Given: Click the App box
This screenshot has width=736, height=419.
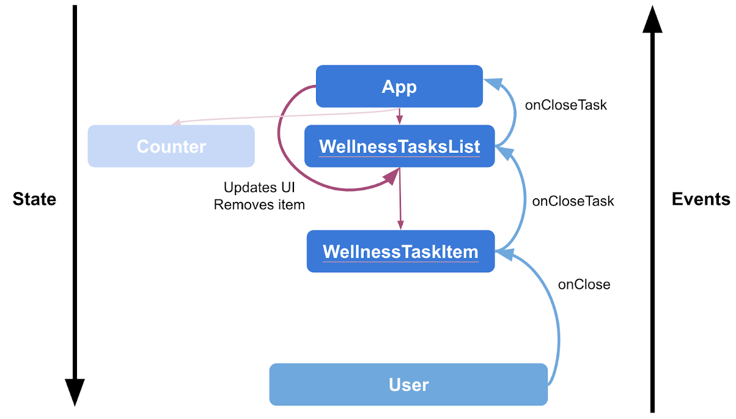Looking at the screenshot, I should point(399,86).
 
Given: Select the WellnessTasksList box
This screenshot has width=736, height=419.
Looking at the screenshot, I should point(399,147).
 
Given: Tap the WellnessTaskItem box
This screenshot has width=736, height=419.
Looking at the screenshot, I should point(400,251).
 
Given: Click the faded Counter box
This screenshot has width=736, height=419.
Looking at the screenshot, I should point(171,147).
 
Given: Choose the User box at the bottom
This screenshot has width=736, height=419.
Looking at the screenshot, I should point(408,385).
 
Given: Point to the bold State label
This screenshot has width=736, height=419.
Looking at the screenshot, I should point(34,199).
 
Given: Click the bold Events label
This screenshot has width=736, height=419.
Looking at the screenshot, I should point(701,199).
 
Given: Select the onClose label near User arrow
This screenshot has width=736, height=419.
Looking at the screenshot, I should point(584,284).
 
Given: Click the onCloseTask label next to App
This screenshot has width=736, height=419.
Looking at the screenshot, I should point(565,105).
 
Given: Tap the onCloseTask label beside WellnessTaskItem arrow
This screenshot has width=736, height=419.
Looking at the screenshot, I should point(573,201).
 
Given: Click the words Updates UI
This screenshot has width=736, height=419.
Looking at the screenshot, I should point(259,188).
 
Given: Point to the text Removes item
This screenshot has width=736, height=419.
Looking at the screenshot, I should point(259,205).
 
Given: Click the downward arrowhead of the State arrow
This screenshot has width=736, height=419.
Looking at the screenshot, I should point(75,391).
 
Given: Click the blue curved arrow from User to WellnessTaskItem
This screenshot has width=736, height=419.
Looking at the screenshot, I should point(558,318).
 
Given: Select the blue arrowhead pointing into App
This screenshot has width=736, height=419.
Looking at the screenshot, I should point(491,84).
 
